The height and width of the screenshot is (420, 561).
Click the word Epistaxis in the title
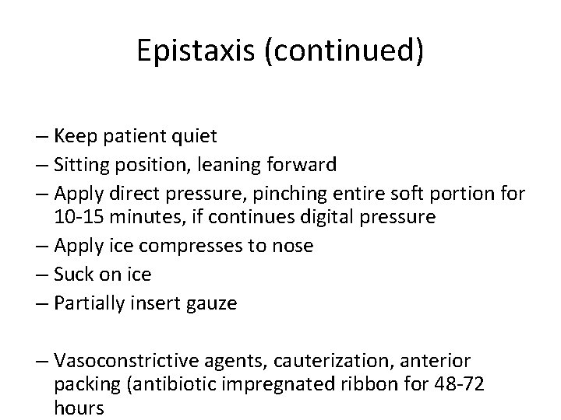pos(194,51)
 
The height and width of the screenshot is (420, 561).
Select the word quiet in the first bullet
pos(192,137)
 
